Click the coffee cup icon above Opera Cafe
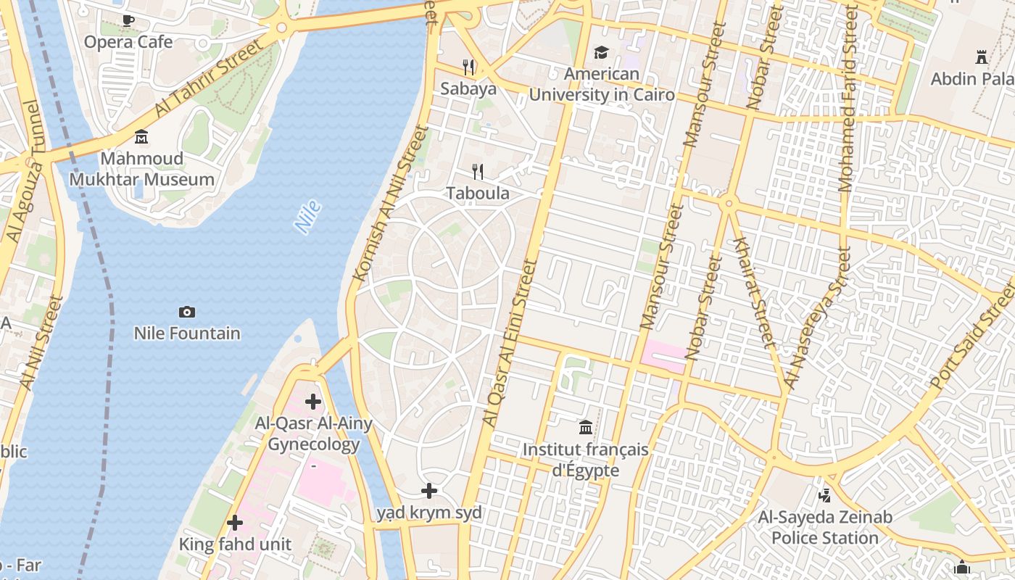click(128, 20)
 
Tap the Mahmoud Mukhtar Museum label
click(141, 169)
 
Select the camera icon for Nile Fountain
click(186, 312)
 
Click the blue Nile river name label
click(308, 217)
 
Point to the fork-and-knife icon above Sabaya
click(468, 67)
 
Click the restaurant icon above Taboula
click(477, 172)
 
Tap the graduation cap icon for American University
click(601, 52)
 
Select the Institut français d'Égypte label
click(586, 460)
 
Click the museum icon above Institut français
click(586, 428)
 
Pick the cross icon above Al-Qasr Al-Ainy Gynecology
click(312, 402)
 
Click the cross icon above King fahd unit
click(234, 522)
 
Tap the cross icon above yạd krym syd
click(429, 491)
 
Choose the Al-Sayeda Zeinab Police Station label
click(824, 528)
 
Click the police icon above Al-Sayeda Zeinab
click(824, 496)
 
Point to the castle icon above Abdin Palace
click(982, 57)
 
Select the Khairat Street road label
click(755, 291)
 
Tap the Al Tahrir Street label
click(210, 78)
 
